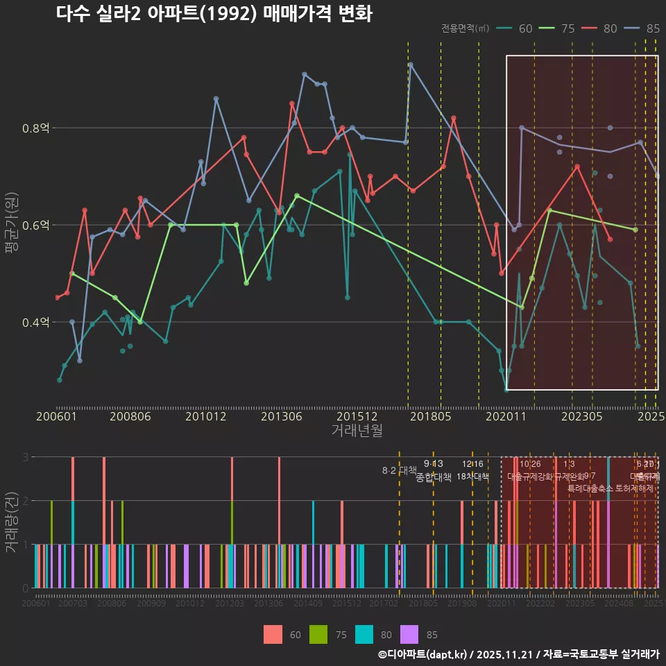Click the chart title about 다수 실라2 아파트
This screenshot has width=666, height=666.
coord(214,14)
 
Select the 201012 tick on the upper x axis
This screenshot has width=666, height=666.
coord(206,417)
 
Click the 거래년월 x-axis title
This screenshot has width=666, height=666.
coord(357,431)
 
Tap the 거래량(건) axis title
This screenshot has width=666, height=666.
coord(11,522)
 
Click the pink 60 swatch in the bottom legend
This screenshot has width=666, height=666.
coord(273,635)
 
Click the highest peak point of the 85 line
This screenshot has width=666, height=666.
coord(411,65)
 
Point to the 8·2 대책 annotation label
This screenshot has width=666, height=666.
coord(400,470)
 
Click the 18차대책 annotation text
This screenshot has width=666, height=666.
coord(473,477)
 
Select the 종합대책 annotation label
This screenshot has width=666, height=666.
coord(434,477)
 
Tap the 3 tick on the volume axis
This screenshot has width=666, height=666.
coord(25,457)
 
